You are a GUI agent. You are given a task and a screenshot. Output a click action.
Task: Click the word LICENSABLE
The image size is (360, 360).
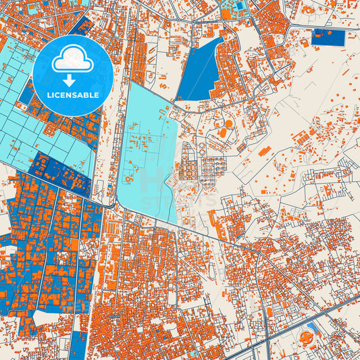(72, 95)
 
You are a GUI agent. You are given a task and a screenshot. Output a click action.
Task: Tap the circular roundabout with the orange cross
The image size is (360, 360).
(309, 336)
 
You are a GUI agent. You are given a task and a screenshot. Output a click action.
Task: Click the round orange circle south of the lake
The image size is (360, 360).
(228, 124)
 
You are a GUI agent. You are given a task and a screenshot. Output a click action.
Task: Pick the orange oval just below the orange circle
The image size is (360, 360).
(222, 133)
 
